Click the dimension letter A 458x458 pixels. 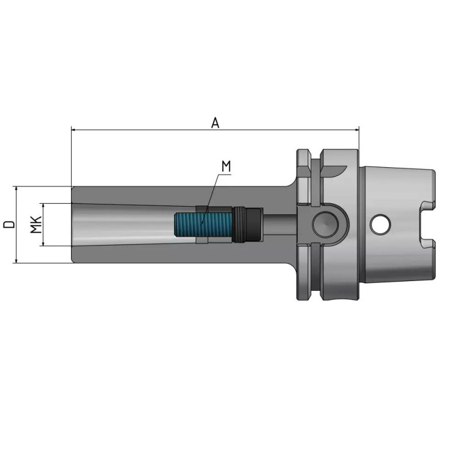[x=215, y=123]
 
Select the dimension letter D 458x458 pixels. [x=9, y=224]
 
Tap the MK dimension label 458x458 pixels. [x=35, y=224]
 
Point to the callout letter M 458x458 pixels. [x=226, y=167]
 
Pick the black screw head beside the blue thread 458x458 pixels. [x=247, y=224]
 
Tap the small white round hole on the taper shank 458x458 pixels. [x=378, y=224]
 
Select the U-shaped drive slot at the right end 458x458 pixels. [x=427, y=224]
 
